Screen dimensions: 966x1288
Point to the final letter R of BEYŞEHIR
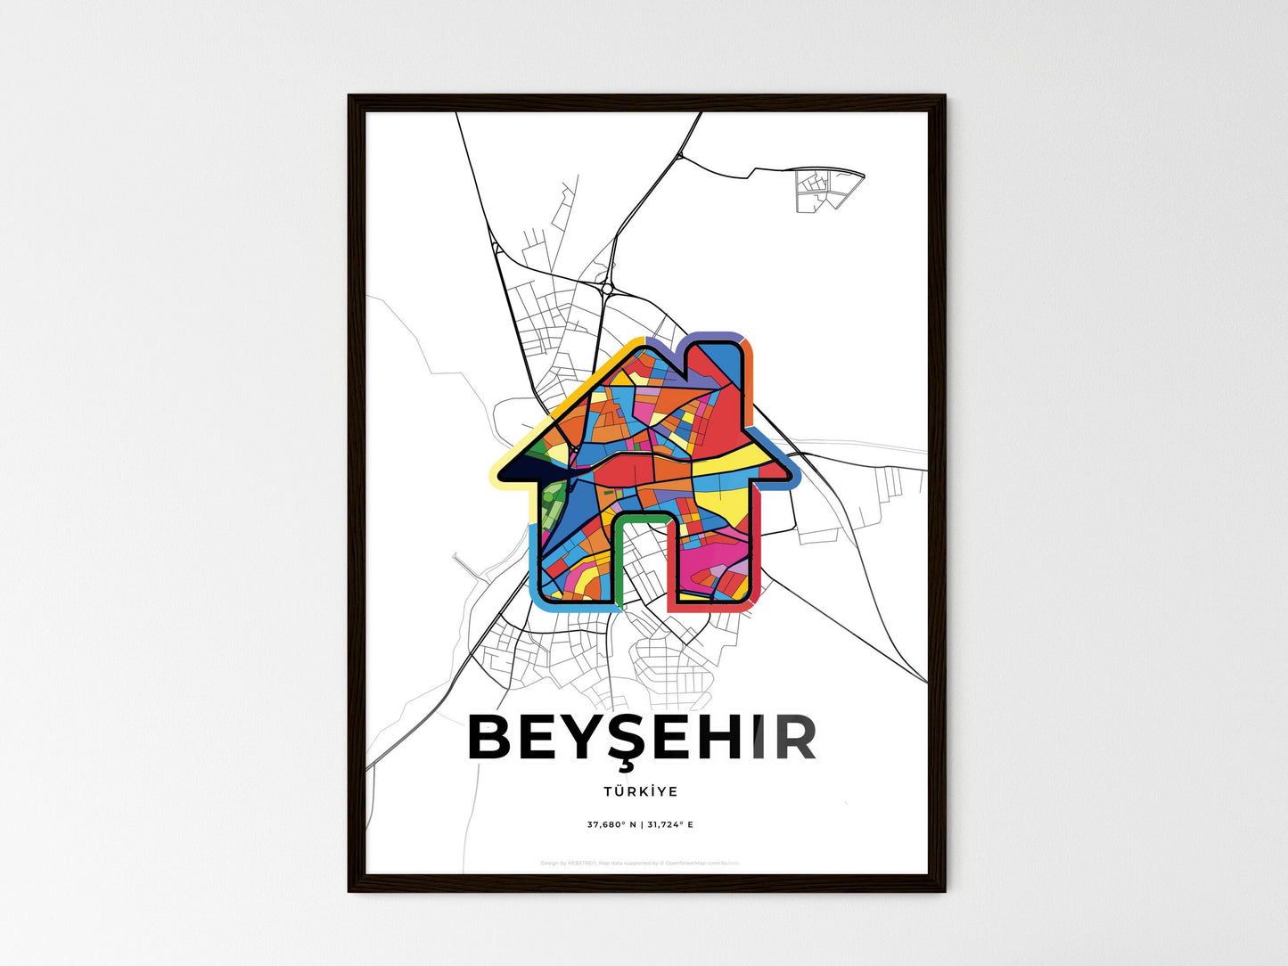click(795, 739)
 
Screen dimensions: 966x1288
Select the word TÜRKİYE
click(640, 791)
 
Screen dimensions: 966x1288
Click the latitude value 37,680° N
click(611, 824)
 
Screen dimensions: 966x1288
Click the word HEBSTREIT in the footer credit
click(583, 863)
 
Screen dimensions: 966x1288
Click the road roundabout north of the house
click(607, 288)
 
